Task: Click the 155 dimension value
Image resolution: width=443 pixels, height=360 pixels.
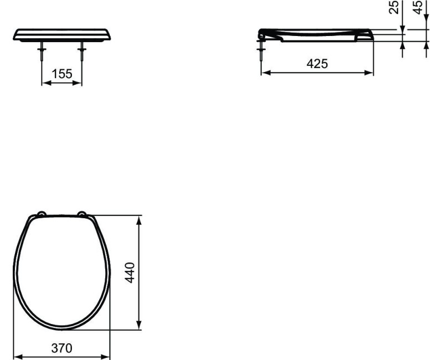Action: (62, 74)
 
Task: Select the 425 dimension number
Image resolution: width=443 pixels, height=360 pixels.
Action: (317, 64)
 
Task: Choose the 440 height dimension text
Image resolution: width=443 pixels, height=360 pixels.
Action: (130, 272)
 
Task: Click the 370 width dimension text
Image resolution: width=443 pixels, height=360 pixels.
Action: (61, 348)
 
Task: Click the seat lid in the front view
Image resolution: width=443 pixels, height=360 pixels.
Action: (62, 34)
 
